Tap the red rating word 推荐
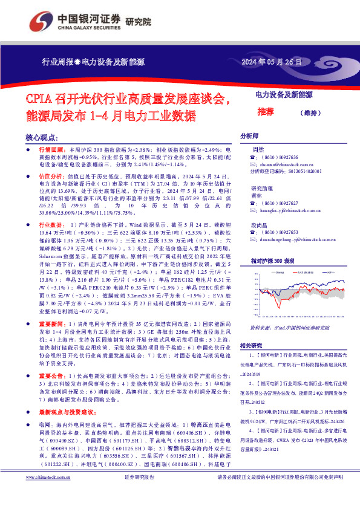pos(265,112)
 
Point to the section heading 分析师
pos(249,136)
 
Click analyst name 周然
pos(258,149)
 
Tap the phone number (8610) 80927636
pos(280,157)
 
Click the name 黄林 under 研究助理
pos(258,196)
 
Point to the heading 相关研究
pos(252,345)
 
